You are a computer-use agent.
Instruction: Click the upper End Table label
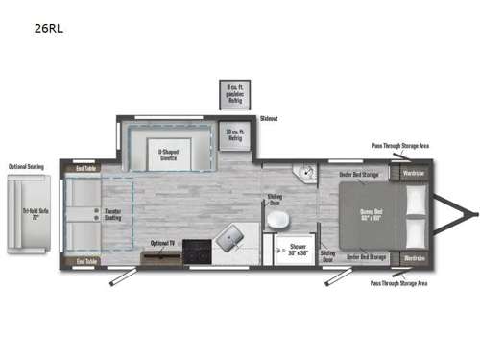[x=85, y=168]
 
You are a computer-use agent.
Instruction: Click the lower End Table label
[x=85, y=260]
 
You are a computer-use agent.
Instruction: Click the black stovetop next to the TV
[x=198, y=251]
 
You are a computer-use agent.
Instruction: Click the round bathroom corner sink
[x=306, y=176]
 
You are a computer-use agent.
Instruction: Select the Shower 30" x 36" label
[x=299, y=248]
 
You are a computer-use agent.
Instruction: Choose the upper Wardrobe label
[x=414, y=173]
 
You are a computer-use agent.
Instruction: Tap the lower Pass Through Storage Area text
[x=399, y=283]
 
